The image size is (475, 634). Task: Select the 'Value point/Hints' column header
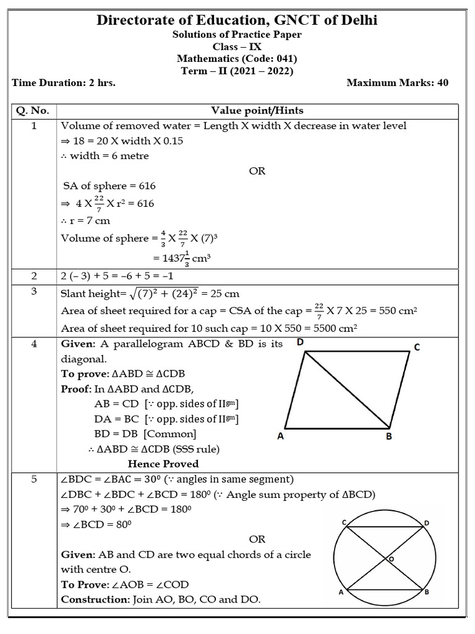(257, 111)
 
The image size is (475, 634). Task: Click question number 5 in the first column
(33, 478)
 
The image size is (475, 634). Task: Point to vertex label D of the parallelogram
(300, 342)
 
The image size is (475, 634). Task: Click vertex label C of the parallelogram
(417, 348)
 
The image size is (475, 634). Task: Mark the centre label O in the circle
(390, 559)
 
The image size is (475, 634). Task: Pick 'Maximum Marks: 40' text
(398, 83)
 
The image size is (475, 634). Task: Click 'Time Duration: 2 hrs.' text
(63, 83)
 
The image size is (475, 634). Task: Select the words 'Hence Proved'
(163, 463)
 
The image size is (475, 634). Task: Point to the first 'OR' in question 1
(257, 171)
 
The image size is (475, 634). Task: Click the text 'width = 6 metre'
(108, 156)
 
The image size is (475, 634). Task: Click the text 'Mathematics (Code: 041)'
(237, 59)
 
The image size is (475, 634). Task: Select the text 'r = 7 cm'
(89, 220)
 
